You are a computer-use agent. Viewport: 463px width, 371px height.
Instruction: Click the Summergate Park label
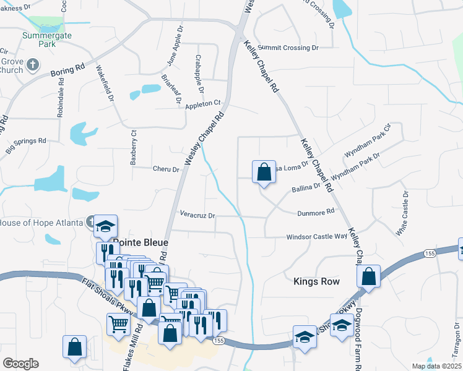[48, 40]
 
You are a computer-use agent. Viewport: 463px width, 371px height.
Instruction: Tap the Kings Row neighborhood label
[316, 281]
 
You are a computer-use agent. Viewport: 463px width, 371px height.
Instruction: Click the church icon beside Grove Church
[33, 64]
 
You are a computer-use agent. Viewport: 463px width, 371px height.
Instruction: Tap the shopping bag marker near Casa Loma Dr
[264, 171]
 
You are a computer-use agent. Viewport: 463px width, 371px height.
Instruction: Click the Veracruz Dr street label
[197, 215]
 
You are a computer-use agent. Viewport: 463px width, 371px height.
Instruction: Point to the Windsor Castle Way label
[316, 236]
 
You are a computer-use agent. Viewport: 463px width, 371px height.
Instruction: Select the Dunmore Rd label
[316, 211]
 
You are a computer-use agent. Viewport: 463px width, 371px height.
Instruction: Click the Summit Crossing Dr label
[288, 48]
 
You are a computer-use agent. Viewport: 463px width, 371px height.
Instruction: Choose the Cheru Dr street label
[166, 169]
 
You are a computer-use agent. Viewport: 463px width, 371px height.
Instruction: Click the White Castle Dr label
[402, 213]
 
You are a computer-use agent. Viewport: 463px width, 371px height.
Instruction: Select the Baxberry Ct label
[132, 147]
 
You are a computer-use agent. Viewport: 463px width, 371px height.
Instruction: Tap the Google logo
[20, 364]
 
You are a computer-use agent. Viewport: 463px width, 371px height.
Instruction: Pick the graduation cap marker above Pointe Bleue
[106, 226]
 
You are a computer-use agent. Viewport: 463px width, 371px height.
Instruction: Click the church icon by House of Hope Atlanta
[91, 221]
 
